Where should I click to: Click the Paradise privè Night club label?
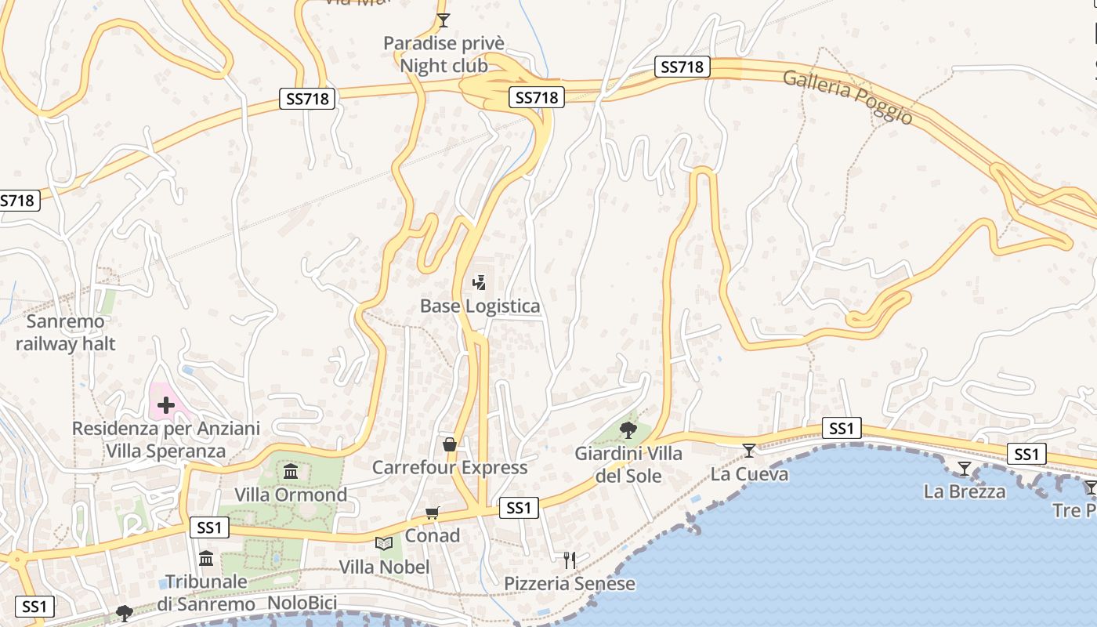(x=444, y=55)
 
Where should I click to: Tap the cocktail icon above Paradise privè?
(x=444, y=20)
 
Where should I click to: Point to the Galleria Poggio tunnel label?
(x=848, y=96)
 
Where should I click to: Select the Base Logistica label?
(x=480, y=306)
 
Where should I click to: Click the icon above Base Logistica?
(x=479, y=282)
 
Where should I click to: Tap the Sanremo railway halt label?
(x=66, y=332)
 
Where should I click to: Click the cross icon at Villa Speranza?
(x=166, y=405)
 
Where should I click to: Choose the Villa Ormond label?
(x=291, y=495)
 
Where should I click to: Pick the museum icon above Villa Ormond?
(x=291, y=471)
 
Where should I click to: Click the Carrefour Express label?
(x=449, y=467)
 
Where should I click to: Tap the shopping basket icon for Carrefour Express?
(x=450, y=444)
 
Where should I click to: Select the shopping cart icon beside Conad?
(x=432, y=513)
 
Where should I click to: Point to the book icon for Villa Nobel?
(x=384, y=543)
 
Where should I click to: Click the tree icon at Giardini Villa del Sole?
(x=628, y=429)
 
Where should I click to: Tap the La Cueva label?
(x=749, y=473)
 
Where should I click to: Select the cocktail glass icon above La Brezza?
(x=965, y=469)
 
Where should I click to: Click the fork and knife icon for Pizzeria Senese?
(x=570, y=560)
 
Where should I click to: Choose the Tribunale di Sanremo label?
(x=205, y=593)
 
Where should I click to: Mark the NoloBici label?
(x=302, y=603)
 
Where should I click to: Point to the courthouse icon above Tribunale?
(x=206, y=558)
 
